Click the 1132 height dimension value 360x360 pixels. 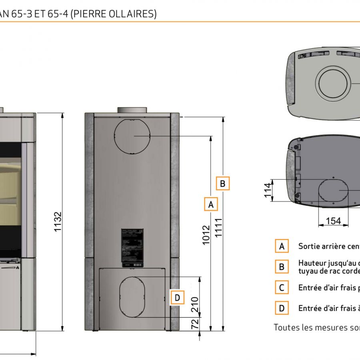(x=58, y=222)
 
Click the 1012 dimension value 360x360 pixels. (x=206, y=235)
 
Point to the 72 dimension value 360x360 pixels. (x=195, y=324)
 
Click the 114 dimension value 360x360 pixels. (x=267, y=190)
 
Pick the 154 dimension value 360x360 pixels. (x=333, y=221)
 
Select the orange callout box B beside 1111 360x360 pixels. (x=223, y=184)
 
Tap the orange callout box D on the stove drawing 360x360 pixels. (x=177, y=298)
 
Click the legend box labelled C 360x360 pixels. (x=282, y=287)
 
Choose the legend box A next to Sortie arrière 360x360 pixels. (x=282, y=246)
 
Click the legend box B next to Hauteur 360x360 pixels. (x=282, y=266)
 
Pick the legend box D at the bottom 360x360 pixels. (x=282, y=308)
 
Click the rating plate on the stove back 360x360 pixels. (x=132, y=248)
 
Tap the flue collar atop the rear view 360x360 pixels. (x=132, y=110)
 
